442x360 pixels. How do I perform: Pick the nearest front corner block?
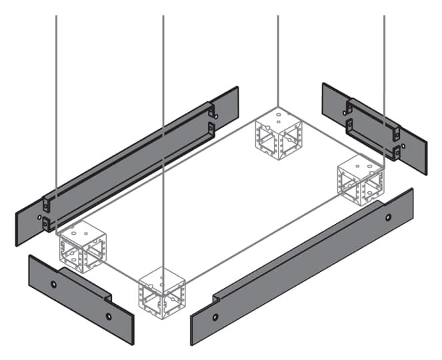tap(162, 291)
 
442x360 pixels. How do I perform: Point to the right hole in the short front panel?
tap(109, 317)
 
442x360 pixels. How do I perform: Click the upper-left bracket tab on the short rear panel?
tap(348, 107)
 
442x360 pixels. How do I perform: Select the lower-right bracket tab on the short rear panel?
tap(396, 151)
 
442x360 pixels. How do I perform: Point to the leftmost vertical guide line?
tap(56, 100)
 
